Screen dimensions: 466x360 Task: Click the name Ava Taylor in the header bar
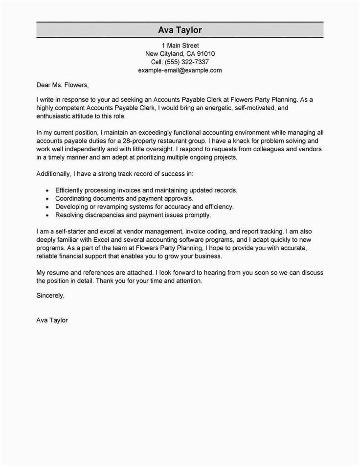pos(180,30)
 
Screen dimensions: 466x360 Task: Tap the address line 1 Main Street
pos(180,45)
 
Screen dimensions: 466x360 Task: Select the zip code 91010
pos(205,53)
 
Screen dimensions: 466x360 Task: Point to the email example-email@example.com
pos(180,70)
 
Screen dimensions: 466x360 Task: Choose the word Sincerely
pos(50,296)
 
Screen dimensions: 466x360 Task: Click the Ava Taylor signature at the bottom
pos(52,320)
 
